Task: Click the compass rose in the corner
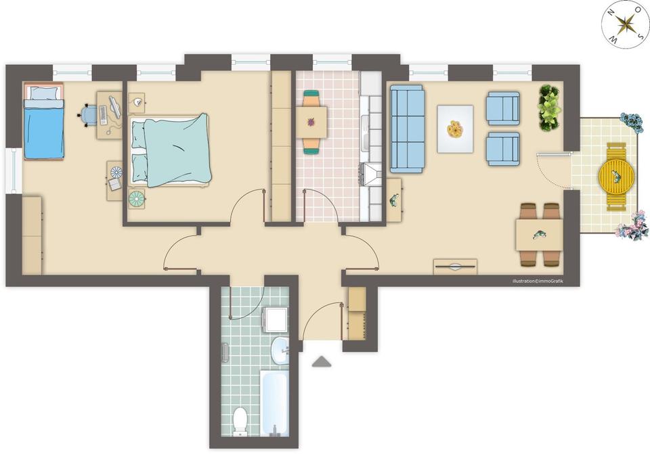pyautogui.click(x=626, y=24)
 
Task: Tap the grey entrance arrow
pyautogui.click(x=322, y=361)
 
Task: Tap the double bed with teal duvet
pyautogui.click(x=170, y=150)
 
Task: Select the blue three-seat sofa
pyautogui.click(x=407, y=129)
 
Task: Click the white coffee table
pyautogui.click(x=455, y=129)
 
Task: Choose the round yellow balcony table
pyautogui.click(x=616, y=177)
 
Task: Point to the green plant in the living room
pyautogui.click(x=550, y=108)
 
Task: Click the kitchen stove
pyautogui.click(x=370, y=174)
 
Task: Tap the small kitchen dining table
pyautogui.click(x=311, y=122)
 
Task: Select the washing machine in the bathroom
pyautogui.click(x=276, y=319)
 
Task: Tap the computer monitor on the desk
pyautogui.click(x=114, y=108)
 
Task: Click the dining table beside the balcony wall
pyautogui.click(x=539, y=235)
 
